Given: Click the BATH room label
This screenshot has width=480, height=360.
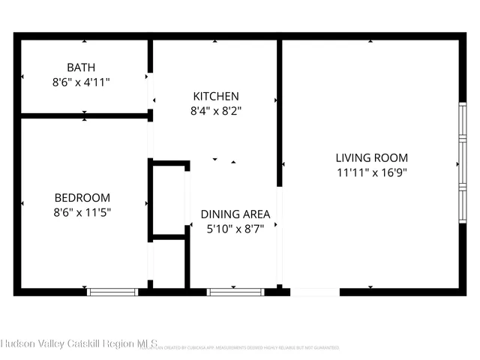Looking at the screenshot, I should (x=81, y=67).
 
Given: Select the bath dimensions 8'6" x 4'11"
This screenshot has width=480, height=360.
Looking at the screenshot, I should (x=81, y=82).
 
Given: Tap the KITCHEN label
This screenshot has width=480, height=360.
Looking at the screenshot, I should (x=216, y=96).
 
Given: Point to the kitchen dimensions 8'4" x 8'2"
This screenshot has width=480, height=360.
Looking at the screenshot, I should (x=216, y=111).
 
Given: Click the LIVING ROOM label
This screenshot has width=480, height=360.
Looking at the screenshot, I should (x=371, y=157).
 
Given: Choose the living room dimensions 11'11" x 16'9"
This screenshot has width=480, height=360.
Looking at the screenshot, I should (x=371, y=172).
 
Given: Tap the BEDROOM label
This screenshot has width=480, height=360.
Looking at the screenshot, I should (x=82, y=197).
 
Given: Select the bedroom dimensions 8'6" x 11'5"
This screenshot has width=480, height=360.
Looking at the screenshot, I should (x=82, y=212).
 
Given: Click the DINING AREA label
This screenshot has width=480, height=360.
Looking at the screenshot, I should (x=235, y=214).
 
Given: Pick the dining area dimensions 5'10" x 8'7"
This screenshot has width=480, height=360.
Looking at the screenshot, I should (x=235, y=229).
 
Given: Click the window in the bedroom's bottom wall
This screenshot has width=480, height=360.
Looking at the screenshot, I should (x=112, y=292).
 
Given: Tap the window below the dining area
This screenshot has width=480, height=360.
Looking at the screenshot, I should (x=235, y=292).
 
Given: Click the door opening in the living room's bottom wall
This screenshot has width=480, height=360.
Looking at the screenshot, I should (x=315, y=292).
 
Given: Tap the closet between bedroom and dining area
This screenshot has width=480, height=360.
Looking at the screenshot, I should (x=169, y=199).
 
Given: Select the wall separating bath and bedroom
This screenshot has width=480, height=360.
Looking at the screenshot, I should (x=84, y=115).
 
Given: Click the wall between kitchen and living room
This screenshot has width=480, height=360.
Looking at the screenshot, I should (x=280, y=112).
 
